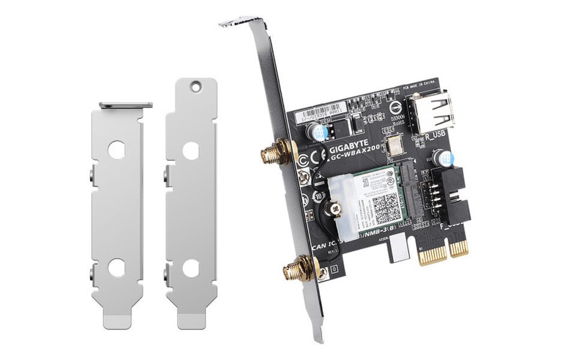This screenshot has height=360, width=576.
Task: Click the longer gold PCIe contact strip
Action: point(433,253)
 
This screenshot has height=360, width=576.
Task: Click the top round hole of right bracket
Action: point(193,87)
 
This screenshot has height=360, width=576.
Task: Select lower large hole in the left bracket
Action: point(117,267)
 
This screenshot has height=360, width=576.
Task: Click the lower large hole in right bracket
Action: point(191,268)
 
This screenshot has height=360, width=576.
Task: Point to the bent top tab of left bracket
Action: point(125,105)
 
